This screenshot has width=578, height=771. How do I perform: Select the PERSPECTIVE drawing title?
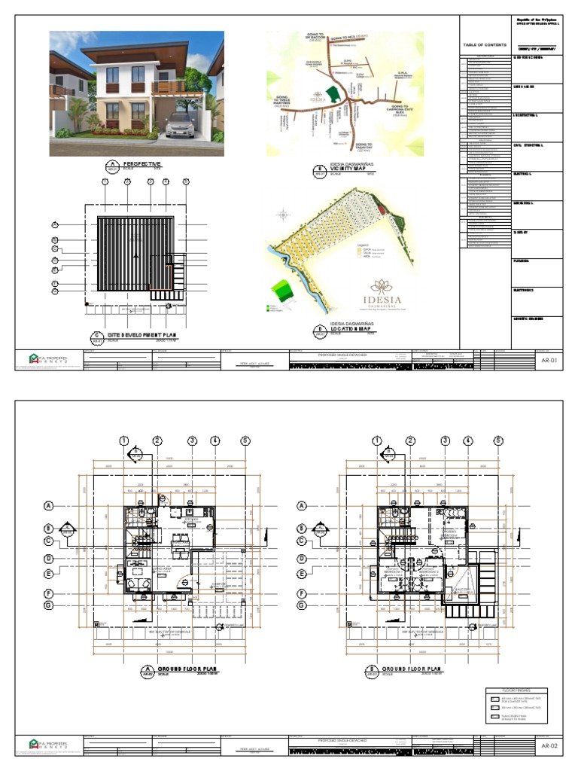142,163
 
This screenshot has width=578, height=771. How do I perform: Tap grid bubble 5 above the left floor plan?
245,441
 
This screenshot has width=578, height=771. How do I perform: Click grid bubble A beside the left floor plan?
49,505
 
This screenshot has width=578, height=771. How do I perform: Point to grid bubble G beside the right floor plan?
302,605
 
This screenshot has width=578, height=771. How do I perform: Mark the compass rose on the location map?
283,214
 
